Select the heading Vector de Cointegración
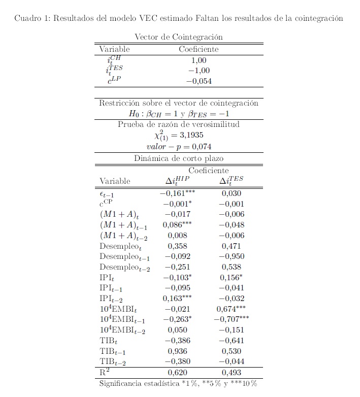pos(178,37)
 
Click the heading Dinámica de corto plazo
pos(178,158)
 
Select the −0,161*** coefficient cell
pos(177,193)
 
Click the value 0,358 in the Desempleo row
pos(177,246)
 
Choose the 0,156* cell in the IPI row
pos(231,278)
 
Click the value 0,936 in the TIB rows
pos(177,351)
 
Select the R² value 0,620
pos(177,372)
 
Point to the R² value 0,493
pos(231,372)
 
